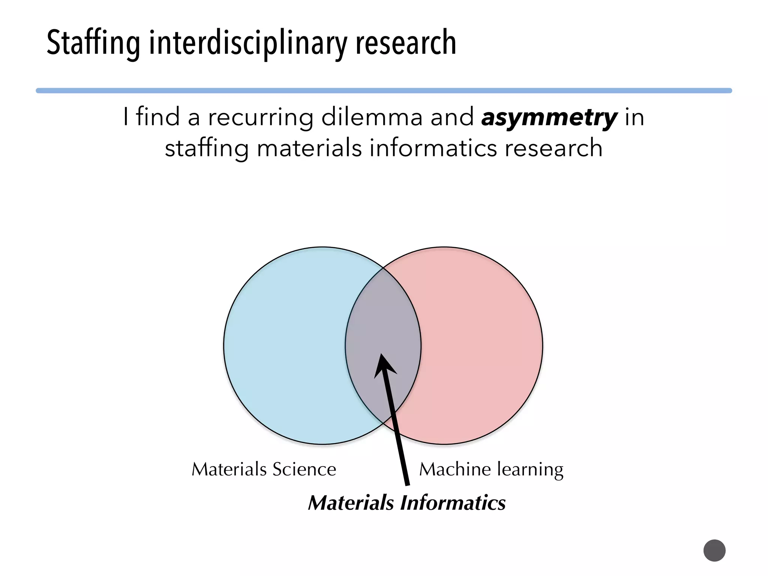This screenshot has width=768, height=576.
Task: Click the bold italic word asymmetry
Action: coord(549,117)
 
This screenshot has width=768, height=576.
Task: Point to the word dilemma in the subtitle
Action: coord(372,117)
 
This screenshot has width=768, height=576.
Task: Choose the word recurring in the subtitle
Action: coord(261,117)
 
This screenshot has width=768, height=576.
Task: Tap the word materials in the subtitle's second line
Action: coord(309,148)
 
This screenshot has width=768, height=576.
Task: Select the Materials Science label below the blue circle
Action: coord(264,469)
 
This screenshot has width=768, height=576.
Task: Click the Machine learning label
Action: coord(491,469)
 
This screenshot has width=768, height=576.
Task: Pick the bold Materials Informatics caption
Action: coord(406,503)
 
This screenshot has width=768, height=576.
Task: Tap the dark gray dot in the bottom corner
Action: coord(714,550)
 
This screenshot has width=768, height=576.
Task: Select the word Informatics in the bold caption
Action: coord(453,503)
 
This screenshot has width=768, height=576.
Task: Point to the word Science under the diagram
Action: coord(304,469)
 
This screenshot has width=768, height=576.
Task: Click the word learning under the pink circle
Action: coord(530,469)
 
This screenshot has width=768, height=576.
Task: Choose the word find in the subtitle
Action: coord(157,117)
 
